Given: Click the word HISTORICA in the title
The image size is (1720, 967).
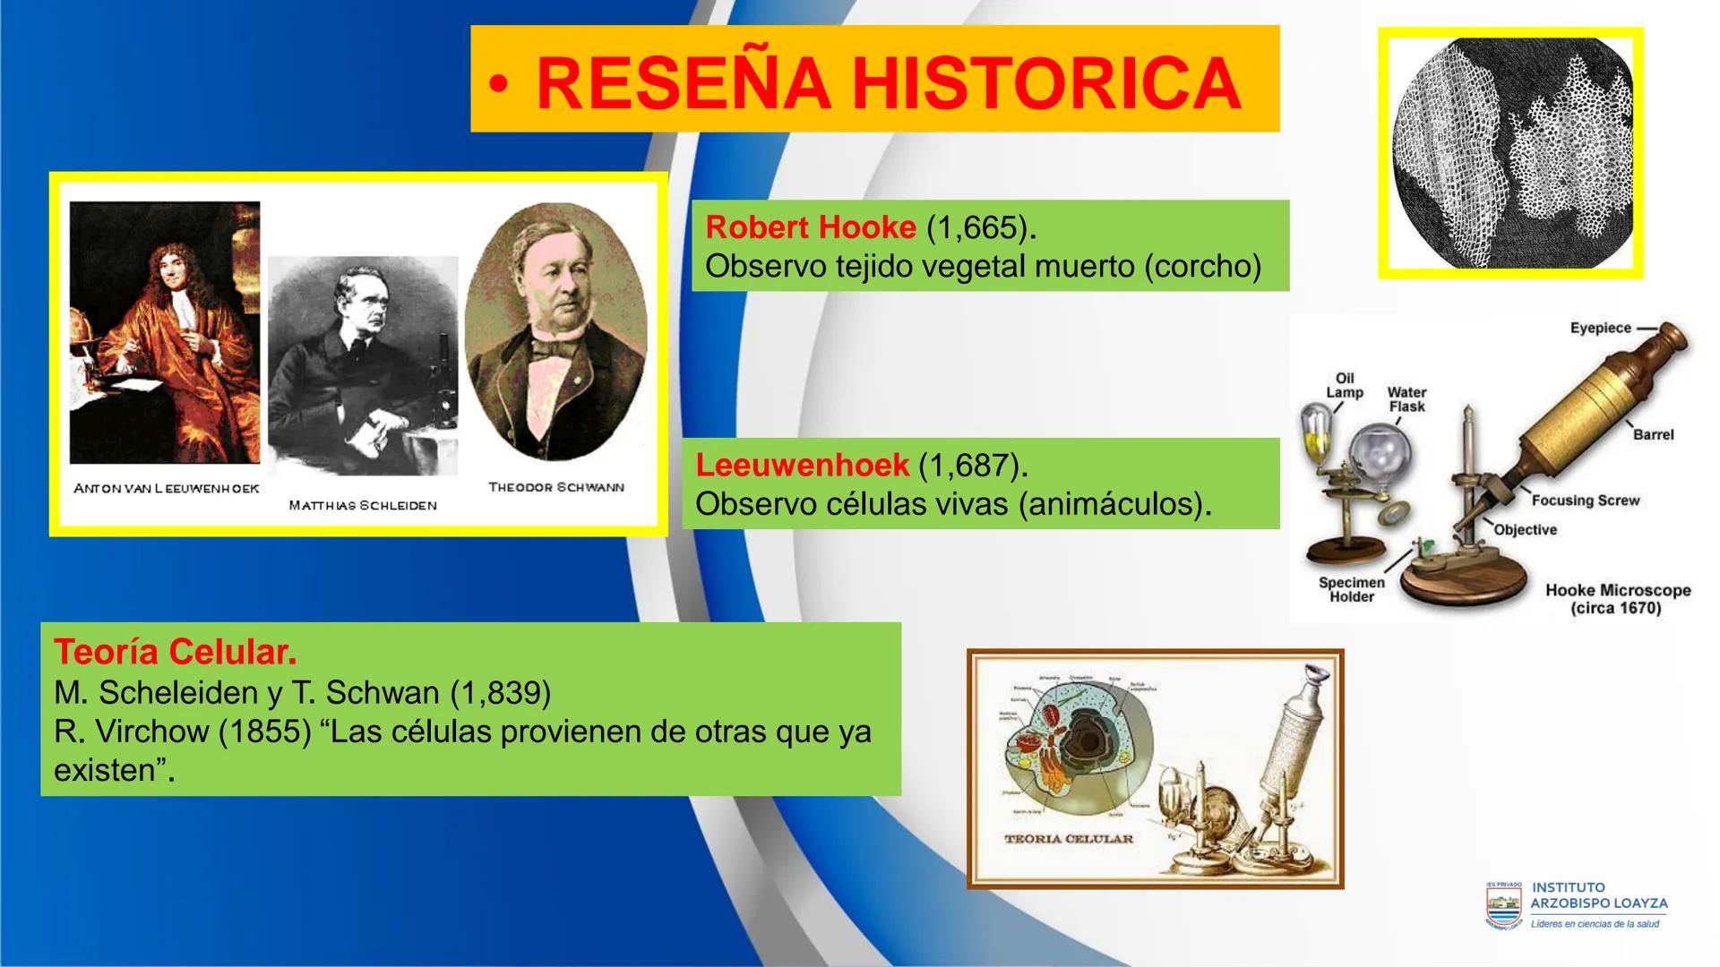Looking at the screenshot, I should tap(1045, 83).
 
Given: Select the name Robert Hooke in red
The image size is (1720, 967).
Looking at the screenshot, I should tap(810, 227).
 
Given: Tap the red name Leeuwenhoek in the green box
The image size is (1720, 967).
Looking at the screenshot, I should tap(802, 466).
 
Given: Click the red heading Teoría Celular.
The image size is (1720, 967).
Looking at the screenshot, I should tap(175, 652).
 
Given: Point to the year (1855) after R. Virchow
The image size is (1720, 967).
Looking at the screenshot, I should tap(264, 732).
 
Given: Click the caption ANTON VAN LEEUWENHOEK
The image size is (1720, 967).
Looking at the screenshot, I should tap(166, 489).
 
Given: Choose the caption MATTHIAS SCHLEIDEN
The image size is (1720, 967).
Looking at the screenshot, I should tap(363, 506).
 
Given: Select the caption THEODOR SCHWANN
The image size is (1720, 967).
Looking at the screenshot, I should tap(556, 487).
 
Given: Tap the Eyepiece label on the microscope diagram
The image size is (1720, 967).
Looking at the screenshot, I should tap(1600, 328).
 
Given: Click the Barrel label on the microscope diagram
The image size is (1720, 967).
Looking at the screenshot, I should tap(1653, 434).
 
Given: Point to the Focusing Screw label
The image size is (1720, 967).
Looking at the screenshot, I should tap(1585, 501).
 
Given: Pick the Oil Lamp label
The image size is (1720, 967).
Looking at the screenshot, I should tap(1345, 385).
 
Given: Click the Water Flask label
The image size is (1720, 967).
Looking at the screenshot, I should tap(1406, 399).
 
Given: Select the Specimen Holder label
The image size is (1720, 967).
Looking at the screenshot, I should tap(1351, 589).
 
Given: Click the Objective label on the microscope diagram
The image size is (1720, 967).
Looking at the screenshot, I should tap(1525, 530).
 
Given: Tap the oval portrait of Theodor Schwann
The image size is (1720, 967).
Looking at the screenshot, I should tap(556, 331).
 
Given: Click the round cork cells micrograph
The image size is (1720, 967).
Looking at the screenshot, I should tap(1510, 153).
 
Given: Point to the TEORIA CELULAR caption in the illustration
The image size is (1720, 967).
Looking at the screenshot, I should tap(1069, 839).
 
